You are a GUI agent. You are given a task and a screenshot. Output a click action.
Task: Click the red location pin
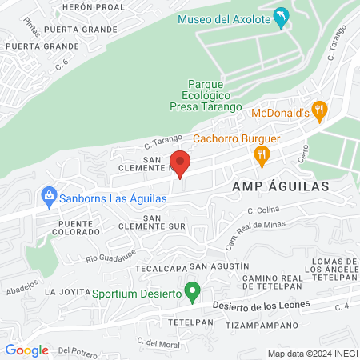(180, 163)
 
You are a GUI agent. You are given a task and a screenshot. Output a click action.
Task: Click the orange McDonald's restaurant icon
(319, 111)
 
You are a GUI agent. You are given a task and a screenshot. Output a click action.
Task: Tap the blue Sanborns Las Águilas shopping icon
(50, 195)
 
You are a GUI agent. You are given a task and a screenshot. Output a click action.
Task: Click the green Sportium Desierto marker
(192, 291)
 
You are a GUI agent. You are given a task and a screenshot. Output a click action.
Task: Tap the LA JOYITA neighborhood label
(68, 291)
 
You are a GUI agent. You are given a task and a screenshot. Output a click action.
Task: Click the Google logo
(26, 350)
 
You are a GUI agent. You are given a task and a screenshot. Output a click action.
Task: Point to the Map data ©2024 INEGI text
(312, 353)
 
